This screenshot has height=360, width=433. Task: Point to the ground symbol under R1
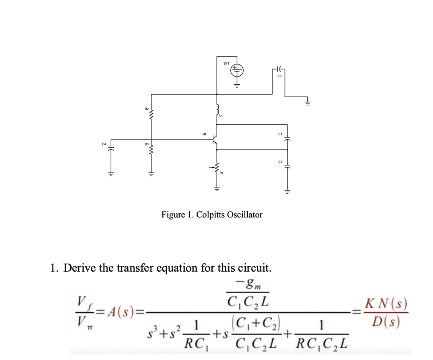tap(217, 189)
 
